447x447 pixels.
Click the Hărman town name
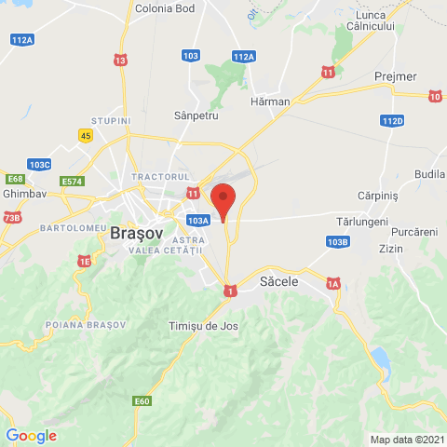pyautogui.click(x=271, y=101)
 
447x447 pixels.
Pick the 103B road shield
pyautogui.click(x=338, y=242)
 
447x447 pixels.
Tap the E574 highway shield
pyautogui.click(x=72, y=181)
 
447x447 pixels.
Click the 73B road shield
pyautogui.click(x=11, y=217)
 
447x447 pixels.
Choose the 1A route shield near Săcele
pyautogui.click(x=334, y=283)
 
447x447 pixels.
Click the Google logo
pyautogui.click(x=31, y=435)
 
